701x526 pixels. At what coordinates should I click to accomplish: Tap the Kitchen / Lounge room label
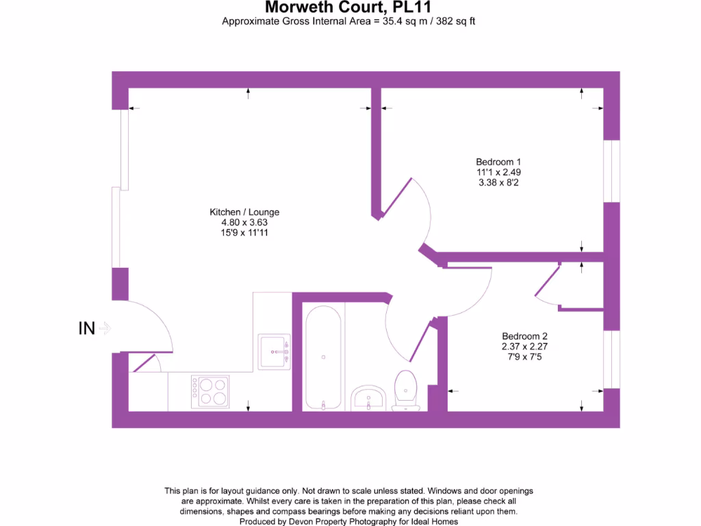[x=245, y=212]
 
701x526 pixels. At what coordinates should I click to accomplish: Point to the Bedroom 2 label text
[x=524, y=336]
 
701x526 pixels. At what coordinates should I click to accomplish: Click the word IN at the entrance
[x=86, y=329]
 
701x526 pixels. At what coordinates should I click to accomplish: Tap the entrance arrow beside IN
[x=105, y=329]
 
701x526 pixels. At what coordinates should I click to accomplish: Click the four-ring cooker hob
[x=209, y=391]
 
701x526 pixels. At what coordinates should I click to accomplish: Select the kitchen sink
[x=274, y=352]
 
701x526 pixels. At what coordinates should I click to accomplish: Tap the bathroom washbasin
[x=368, y=399]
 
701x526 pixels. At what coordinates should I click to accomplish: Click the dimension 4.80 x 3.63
[x=245, y=223]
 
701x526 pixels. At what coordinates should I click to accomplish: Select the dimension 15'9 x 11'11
[x=245, y=233]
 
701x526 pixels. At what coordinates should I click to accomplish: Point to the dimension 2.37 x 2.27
[x=524, y=347]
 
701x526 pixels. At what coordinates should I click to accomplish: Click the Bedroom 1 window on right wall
[x=611, y=171]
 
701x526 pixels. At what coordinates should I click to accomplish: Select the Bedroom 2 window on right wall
[x=611, y=360]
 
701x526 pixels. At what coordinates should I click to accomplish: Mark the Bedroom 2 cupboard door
[x=547, y=284]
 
